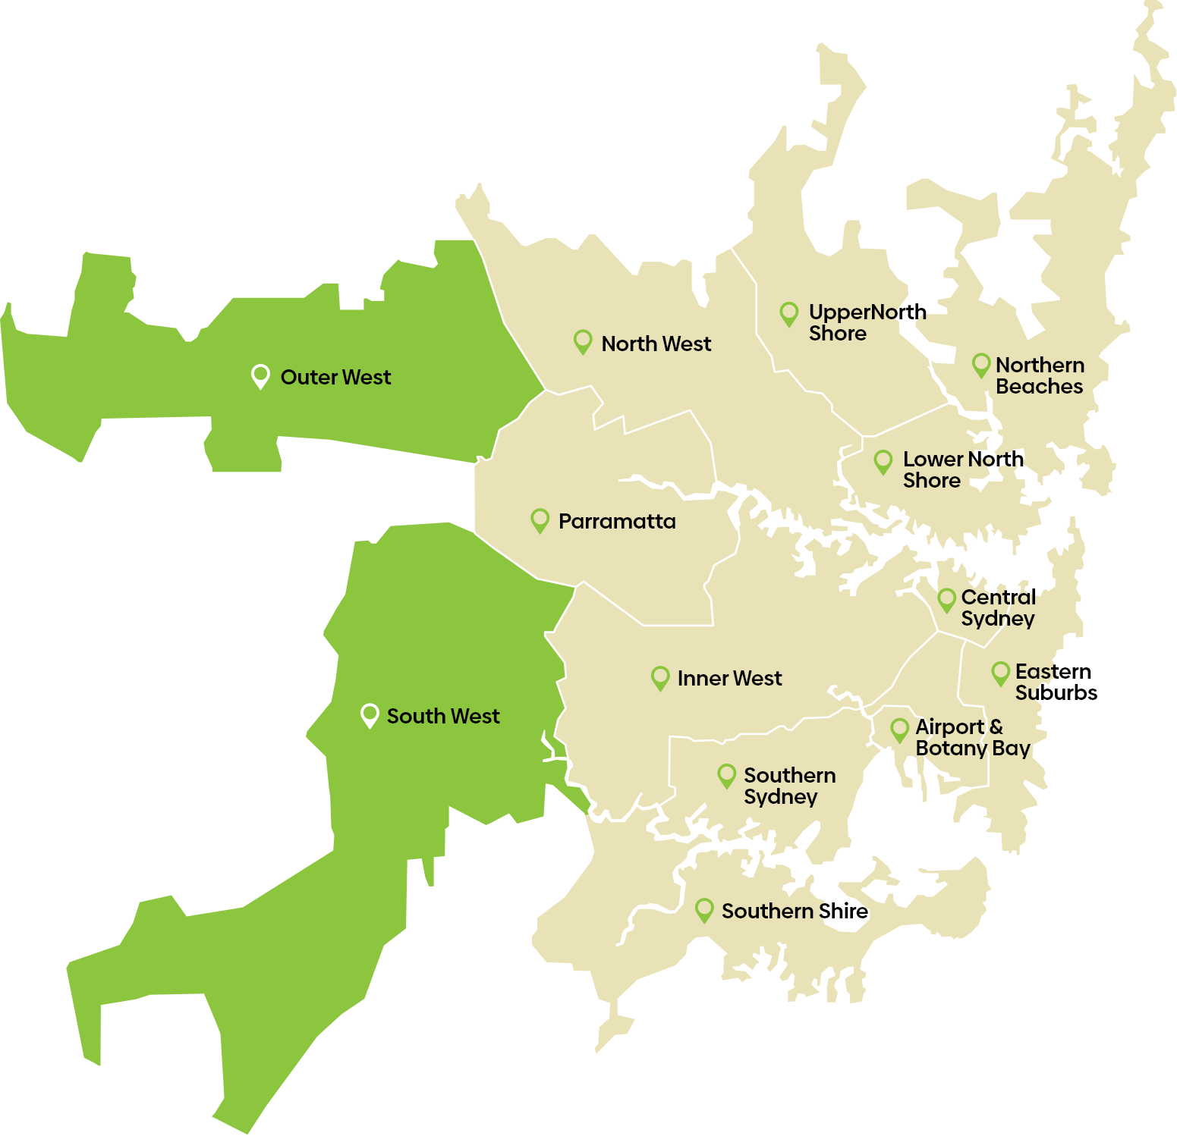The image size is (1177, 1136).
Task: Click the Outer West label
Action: point(335,377)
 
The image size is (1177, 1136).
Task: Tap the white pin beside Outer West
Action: point(260,375)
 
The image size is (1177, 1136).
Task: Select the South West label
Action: point(443,716)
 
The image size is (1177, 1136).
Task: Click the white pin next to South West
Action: point(370,714)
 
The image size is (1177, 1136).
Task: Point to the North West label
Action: point(656,344)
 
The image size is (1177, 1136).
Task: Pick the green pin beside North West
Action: point(583,341)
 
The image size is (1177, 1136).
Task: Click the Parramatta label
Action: point(617,521)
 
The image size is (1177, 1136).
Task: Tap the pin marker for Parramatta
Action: point(540,519)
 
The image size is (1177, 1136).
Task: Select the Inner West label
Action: point(729,678)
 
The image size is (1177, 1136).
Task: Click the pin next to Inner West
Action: point(660,676)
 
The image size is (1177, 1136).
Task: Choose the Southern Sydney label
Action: point(789,786)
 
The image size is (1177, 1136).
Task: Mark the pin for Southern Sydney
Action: point(727,775)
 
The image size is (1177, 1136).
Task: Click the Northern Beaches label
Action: point(1040,375)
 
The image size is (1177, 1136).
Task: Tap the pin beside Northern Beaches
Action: point(981,365)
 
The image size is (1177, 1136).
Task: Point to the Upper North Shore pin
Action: point(789,312)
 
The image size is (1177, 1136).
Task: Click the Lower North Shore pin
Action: point(883,461)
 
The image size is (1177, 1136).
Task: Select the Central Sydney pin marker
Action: point(946,599)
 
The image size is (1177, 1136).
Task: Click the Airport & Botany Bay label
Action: point(971,737)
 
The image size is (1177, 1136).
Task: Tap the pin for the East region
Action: point(1001,672)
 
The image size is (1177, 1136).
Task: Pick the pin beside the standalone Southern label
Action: point(704,909)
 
